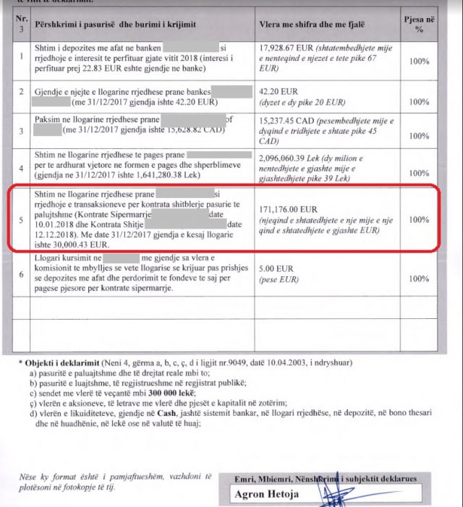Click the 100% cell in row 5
pos(419,219)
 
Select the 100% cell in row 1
pos(419,63)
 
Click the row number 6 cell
pos(21,274)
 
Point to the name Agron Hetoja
pos(267,495)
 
